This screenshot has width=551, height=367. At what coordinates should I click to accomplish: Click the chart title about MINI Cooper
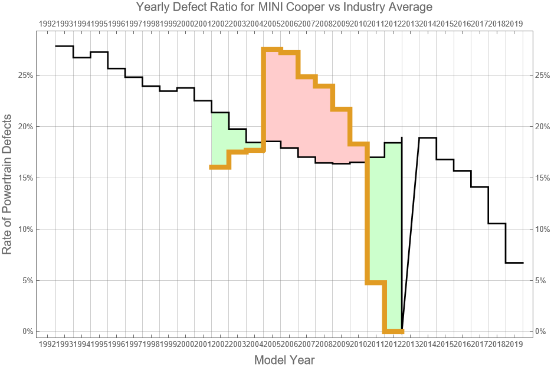click(x=284, y=7)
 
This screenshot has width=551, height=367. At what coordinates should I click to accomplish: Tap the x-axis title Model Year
click(x=284, y=360)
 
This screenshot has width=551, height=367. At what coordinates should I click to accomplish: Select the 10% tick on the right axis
click(x=542, y=229)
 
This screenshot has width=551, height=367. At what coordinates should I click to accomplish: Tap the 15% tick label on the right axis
click(x=542, y=178)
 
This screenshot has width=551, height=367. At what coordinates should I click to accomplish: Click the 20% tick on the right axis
click(x=542, y=127)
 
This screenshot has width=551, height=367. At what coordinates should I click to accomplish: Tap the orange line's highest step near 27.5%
click(x=273, y=49)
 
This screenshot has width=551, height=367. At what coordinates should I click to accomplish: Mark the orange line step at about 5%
click(x=376, y=283)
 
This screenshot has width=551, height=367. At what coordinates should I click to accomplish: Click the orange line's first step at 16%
click(x=220, y=168)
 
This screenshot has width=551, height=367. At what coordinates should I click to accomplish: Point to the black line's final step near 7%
click(x=514, y=263)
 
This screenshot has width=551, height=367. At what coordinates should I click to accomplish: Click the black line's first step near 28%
click(x=64, y=46)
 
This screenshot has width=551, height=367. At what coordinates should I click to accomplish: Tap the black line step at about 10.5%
click(x=497, y=224)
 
